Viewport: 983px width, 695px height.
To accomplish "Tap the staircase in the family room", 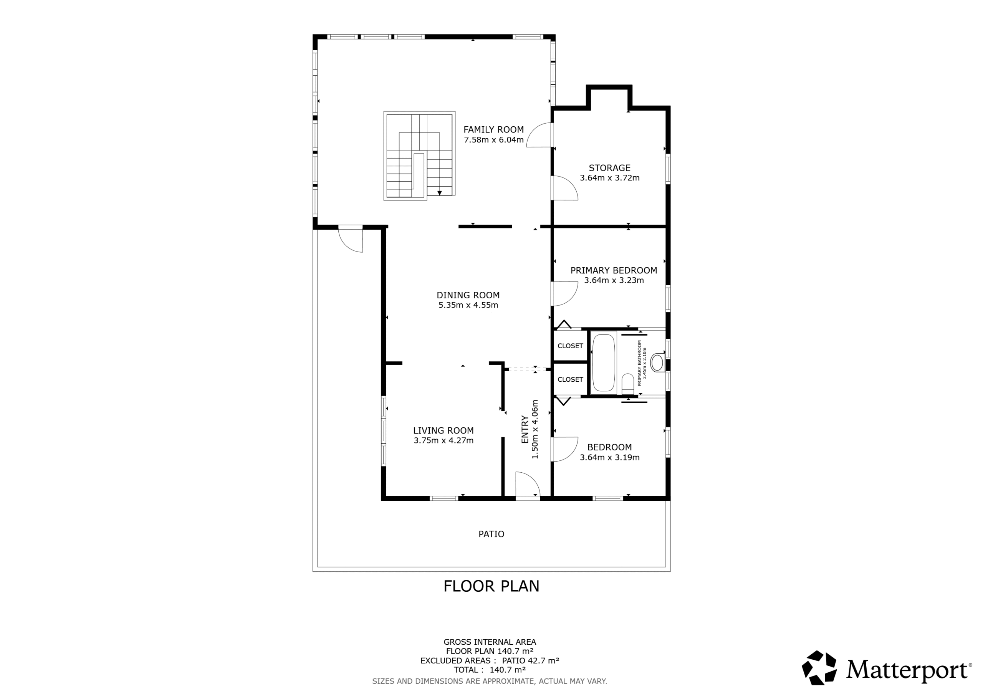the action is tap(419, 156).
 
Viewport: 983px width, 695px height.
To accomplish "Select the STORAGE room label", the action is tap(609, 168).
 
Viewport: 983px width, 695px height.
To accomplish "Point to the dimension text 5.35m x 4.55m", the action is tap(468, 305).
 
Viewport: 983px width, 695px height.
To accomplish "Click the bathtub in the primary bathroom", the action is tap(604, 363).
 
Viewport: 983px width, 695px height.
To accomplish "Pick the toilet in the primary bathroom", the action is tap(628, 383).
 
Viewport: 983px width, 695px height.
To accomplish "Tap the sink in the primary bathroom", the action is tap(657, 363).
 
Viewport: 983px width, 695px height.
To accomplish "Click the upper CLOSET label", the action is tap(570, 346).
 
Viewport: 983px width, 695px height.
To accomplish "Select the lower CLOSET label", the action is tap(570, 379).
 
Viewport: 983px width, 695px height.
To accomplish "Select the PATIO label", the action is tap(491, 534).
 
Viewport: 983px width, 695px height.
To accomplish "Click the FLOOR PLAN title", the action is tap(491, 586).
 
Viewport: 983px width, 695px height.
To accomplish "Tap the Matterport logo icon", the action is tap(819, 668).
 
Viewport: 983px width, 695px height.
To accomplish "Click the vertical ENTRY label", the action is tap(525, 430).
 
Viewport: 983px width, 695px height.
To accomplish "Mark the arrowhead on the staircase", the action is tap(439, 193).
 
